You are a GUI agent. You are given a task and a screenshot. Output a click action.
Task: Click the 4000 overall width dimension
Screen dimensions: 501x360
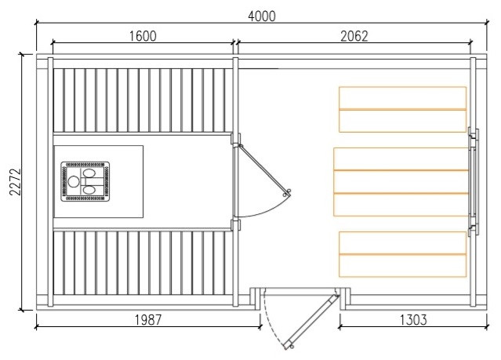(x=262, y=16)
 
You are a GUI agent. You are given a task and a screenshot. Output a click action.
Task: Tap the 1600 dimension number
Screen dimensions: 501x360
(x=143, y=36)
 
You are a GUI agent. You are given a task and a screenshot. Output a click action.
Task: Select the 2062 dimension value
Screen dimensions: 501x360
(x=354, y=36)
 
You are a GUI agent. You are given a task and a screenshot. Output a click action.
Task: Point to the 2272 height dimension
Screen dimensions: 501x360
(x=16, y=182)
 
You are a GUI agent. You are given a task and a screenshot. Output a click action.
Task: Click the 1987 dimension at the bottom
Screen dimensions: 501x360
(x=148, y=320)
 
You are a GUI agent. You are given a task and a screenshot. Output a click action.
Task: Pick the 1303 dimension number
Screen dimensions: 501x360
(x=413, y=320)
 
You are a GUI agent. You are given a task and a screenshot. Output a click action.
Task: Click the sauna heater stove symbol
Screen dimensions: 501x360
(x=85, y=182)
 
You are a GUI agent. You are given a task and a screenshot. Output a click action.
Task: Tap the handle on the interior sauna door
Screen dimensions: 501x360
(x=287, y=193)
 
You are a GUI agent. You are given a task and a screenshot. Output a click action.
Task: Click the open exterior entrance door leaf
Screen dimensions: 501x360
(x=312, y=322)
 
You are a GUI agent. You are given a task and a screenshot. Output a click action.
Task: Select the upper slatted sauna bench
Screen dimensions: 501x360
(x=143, y=100)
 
